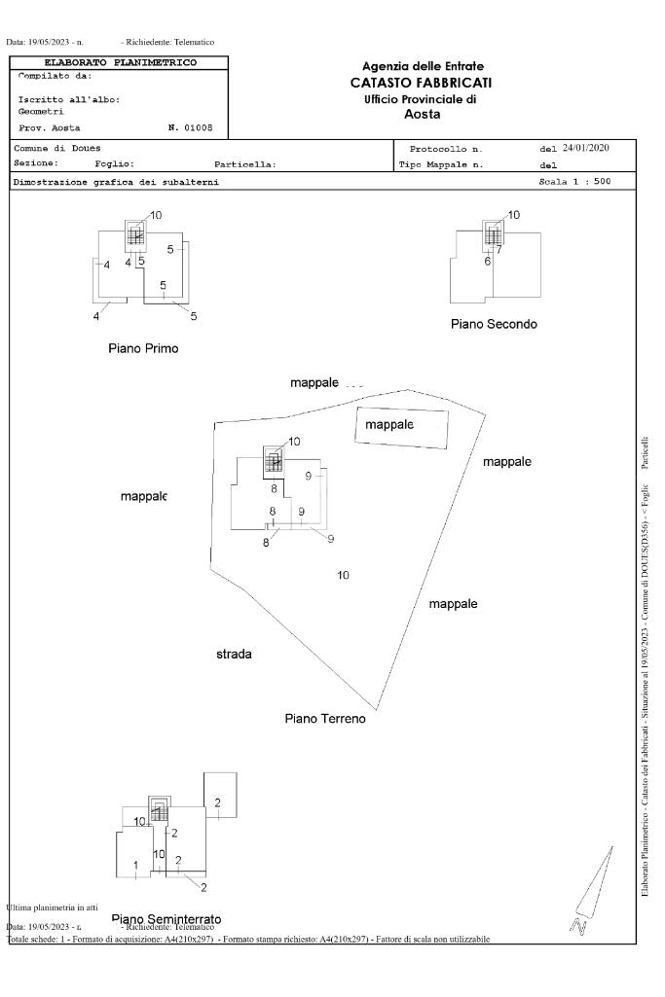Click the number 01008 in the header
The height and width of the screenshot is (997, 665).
[x=203, y=127]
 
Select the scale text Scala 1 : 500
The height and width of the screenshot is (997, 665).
[x=574, y=181]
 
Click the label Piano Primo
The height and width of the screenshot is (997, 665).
[x=144, y=348]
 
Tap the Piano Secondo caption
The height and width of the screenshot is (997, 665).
[x=494, y=324]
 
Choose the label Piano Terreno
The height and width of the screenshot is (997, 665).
[x=324, y=718]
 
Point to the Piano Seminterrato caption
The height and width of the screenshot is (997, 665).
[x=166, y=918]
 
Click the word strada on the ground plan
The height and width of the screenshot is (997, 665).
[x=234, y=654]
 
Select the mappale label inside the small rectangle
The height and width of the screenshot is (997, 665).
[x=389, y=425]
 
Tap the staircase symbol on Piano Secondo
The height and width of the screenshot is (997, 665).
[x=494, y=235]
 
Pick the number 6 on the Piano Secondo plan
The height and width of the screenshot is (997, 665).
[x=487, y=262]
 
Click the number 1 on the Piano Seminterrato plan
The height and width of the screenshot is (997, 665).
[x=135, y=865]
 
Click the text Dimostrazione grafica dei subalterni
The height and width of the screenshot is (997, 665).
[x=116, y=182]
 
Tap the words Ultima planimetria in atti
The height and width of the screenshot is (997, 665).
[x=46, y=907]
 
